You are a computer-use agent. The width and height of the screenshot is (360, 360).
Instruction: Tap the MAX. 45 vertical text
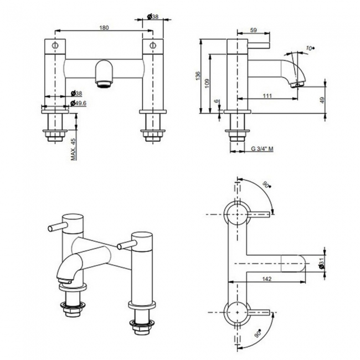coord(74,148)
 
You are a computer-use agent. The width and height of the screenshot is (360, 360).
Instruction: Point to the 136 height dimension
coord(198,76)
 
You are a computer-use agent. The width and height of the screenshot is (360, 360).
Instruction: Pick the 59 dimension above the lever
coord(254,31)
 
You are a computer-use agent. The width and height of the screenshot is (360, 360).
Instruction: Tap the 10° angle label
coord(310,49)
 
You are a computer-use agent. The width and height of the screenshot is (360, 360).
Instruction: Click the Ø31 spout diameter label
coord(321,265)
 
